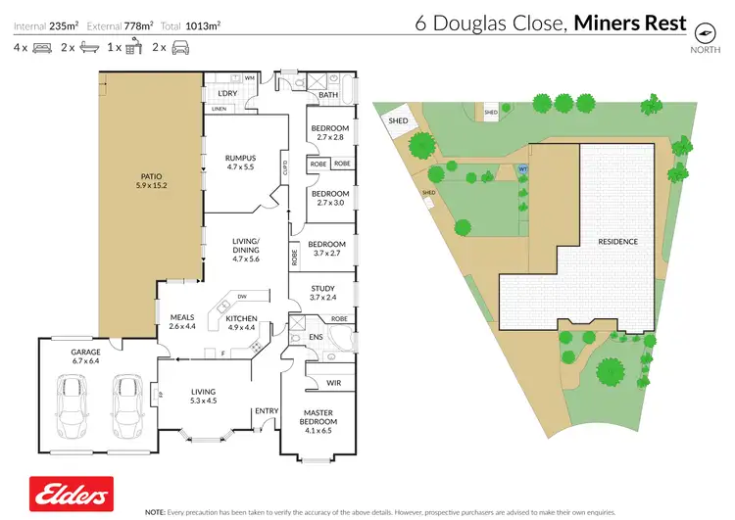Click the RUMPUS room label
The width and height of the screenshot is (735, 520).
point(240,162)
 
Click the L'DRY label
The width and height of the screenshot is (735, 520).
point(228,93)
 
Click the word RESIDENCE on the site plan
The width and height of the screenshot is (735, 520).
point(618,241)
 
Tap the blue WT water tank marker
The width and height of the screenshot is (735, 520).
point(522,168)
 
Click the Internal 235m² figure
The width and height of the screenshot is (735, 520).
point(46,26)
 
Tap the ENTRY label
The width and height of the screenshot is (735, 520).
point(266,410)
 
